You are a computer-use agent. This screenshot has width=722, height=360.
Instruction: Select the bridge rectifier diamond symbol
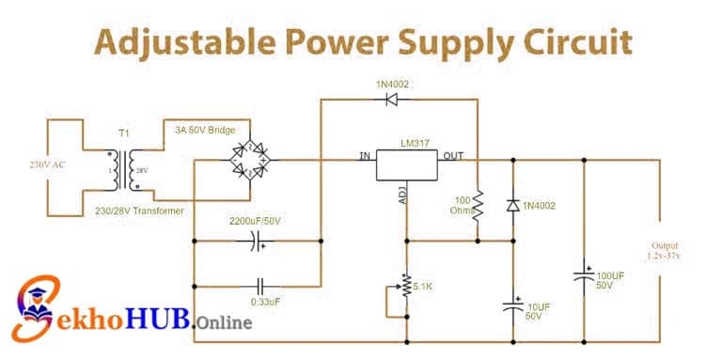point(250,159)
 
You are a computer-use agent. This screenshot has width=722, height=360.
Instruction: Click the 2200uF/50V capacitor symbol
point(256,242)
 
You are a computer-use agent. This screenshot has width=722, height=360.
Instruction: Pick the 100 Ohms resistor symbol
point(477,208)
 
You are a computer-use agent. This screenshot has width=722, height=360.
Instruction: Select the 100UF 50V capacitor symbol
point(585,275)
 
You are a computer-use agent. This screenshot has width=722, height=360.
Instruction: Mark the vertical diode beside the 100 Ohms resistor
point(513,205)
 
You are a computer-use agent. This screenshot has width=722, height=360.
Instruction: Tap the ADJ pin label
point(402,196)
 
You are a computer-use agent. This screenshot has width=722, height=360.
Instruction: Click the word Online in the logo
point(225,322)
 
